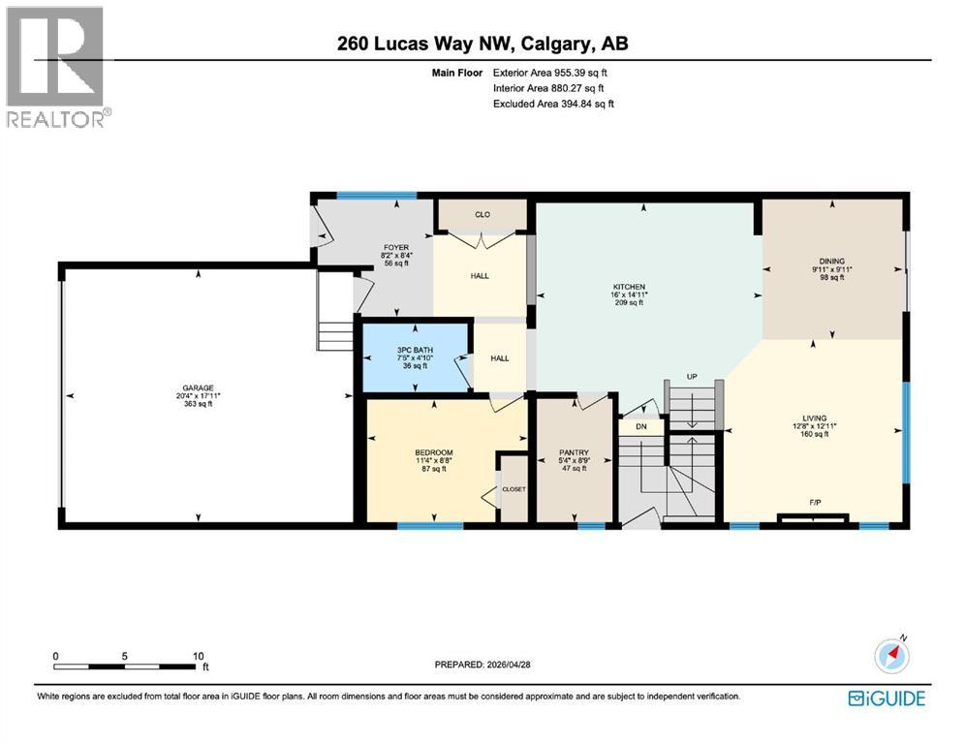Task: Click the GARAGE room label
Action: click(x=199, y=387)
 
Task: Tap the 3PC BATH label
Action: click(x=415, y=350)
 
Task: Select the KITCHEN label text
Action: click(x=629, y=287)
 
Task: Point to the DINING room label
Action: click(x=832, y=261)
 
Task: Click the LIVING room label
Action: click(x=814, y=418)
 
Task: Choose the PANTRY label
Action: click(x=574, y=452)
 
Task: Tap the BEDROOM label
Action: click(x=434, y=452)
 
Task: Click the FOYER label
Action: click(x=396, y=247)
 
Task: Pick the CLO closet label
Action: click(x=482, y=214)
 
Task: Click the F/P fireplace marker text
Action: click(x=815, y=503)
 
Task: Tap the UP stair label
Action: click(x=692, y=376)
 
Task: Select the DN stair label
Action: click(x=641, y=426)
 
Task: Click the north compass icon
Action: click(x=891, y=655)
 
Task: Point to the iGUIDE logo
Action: click(x=887, y=698)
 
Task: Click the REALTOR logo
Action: click(x=58, y=67)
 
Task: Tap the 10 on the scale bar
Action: click(x=199, y=656)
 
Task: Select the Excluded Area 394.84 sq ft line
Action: click(x=553, y=104)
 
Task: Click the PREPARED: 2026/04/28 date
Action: click(x=482, y=665)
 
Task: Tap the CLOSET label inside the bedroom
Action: click(x=514, y=489)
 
